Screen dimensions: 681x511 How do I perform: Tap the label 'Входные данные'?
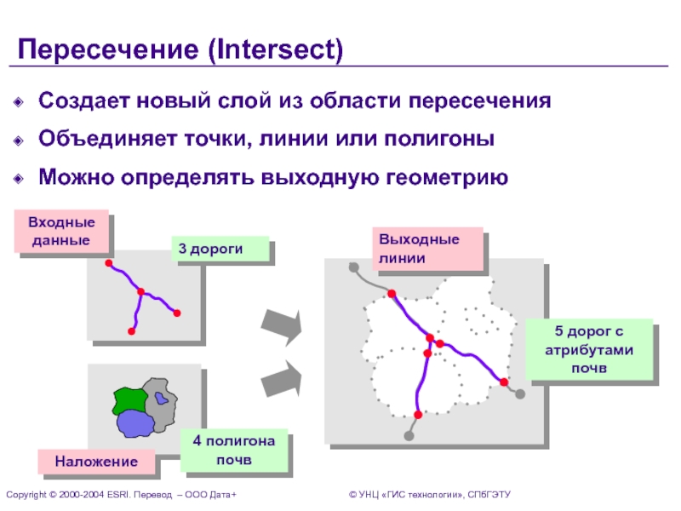pyautogui.click(x=61, y=231)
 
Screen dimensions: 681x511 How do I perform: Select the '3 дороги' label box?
pyautogui.click(x=220, y=249)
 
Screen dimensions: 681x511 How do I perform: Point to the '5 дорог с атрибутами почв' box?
pyautogui.click(x=589, y=348)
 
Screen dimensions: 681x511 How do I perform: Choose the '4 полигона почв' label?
pyautogui.click(x=233, y=451)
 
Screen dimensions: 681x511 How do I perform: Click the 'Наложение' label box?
pyautogui.click(x=96, y=462)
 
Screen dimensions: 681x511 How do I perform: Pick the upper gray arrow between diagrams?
pyautogui.click(x=282, y=327)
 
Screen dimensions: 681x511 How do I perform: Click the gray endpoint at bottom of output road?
pyautogui.click(x=409, y=437)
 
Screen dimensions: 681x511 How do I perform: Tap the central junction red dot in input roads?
pyautogui.click(x=141, y=292)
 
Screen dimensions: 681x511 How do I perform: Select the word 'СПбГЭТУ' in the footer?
pyautogui.click(x=486, y=495)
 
